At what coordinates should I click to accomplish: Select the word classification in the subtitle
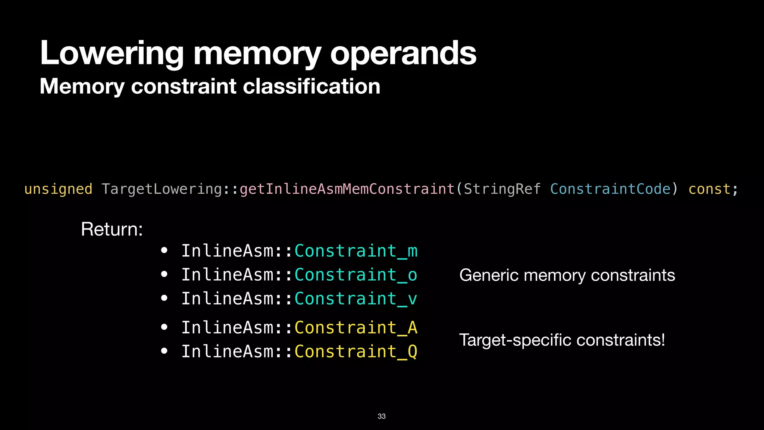pos(311,86)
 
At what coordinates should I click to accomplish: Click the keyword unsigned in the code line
pos(58,189)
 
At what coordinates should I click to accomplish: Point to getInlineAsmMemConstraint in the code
pos(347,189)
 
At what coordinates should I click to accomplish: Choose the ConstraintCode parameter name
pos(610,189)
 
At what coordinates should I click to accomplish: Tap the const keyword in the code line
pos(709,189)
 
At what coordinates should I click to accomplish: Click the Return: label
pos(112,229)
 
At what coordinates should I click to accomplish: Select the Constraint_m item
pos(356,251)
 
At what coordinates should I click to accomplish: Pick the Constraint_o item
pos(356,275)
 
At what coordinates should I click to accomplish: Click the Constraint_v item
pos(356,299)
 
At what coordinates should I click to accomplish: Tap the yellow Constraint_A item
pos(356,328)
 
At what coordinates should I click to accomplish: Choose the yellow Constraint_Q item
pos(356,352)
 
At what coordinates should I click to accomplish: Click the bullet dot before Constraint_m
pos(164,250)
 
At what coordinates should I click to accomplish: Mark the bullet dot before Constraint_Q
pos(164,351)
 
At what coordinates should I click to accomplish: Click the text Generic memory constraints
pos(567,275)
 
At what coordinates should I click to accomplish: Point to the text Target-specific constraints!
pos(562,340)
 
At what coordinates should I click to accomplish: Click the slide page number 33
pos(382,416)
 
